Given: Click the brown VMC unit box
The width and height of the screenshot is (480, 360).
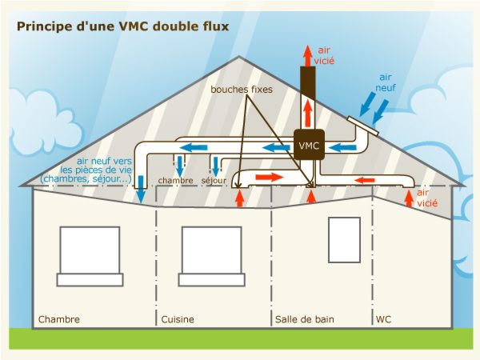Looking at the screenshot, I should [309, 146].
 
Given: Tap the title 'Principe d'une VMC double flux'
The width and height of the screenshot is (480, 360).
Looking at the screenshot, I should [122, 26].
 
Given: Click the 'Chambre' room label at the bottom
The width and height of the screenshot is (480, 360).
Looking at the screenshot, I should [59, 319].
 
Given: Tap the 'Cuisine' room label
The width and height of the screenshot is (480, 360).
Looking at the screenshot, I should [178, 319].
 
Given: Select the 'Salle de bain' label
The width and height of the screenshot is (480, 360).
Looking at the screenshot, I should [304, 319].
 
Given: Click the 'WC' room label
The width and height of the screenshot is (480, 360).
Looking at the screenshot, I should [383, 319].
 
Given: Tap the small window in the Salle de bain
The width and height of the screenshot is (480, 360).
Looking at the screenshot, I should [344, 239].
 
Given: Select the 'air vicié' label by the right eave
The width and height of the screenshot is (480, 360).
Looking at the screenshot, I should [428, 198].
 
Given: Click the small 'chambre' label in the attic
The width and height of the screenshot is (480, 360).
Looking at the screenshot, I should [176, 181].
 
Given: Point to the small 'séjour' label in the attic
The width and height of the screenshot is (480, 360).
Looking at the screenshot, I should [214, 181].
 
